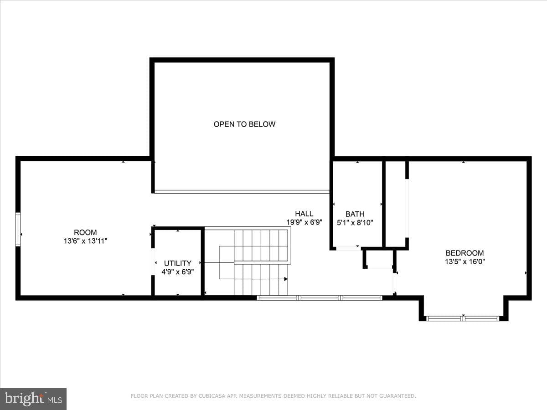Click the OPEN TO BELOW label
244,124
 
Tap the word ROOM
85,232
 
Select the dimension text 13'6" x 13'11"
85,241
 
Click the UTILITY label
178,263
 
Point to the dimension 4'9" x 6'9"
178,272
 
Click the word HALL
304,214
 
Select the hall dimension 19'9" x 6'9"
304,222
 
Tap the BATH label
355,214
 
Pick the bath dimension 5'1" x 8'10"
355,223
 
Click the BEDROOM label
465,253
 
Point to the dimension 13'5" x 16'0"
465,261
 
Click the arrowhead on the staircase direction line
286,279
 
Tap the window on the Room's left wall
18,229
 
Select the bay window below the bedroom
463,318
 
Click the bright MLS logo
33,399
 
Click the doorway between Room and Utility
153,261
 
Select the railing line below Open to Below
242,192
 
